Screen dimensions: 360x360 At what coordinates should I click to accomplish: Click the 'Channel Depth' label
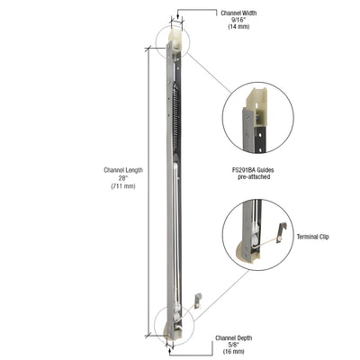click(234, 337)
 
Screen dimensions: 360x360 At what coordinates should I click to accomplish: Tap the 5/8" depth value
click(234, 346)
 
